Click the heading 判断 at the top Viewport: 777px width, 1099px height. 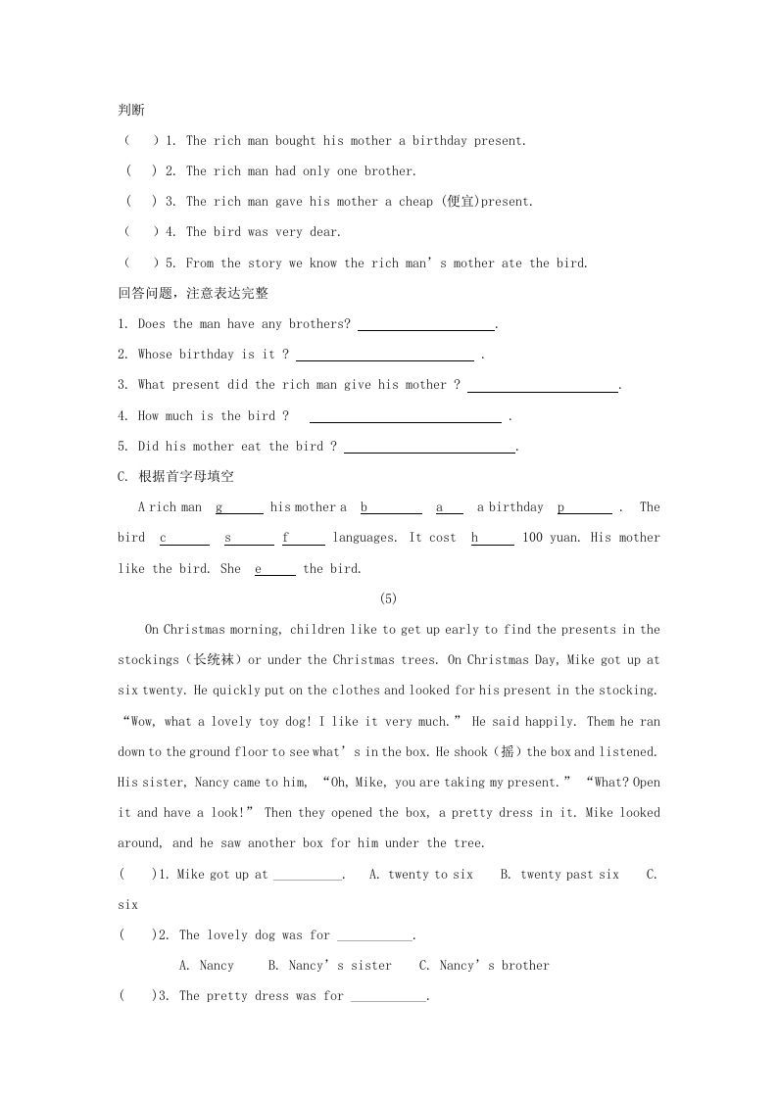click(x=130, y=110)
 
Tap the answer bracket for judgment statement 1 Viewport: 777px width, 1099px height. click(x=141, y=141)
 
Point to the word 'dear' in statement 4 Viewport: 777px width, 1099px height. click(x=324, y=232)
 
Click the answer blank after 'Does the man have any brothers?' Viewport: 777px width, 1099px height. click(x=426, y=324)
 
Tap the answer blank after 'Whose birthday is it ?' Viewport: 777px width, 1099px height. click(x=384, y=356)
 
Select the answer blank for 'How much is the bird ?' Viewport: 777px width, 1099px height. click(x=405, y=416)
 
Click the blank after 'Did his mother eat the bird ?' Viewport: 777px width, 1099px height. click(x=429, y=448)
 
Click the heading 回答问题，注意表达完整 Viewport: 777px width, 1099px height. click(x=192, y=293)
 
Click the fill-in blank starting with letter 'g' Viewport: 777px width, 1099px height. click(x=239, y=507)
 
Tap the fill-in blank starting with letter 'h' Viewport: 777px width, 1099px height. click(x=492, y=538)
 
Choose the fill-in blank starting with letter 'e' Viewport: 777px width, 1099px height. click(x=274, y=569)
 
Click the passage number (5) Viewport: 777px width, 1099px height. click(x=387, y=599)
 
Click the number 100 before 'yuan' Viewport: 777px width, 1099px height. click(x=532, y=538)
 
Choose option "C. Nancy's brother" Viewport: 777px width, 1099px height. click(x=484, y=966)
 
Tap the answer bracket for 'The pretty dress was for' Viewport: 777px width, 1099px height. click(x=138, y=996)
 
